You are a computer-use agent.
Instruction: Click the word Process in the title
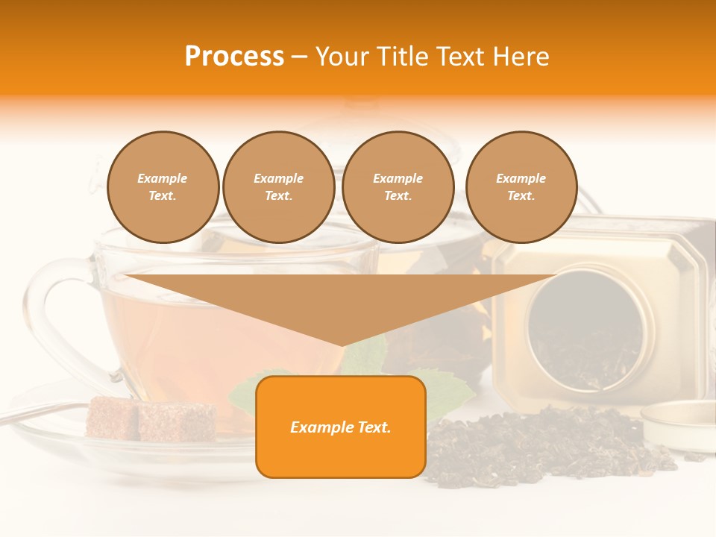tap(234, 57)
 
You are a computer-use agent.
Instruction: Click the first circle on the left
tap(163, 187)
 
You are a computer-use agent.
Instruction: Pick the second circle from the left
tap(278, 187)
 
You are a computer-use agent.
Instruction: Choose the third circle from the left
tap(398, 187)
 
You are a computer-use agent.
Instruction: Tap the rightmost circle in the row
tap(521, 187)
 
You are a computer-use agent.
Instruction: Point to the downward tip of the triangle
tap(342, 342)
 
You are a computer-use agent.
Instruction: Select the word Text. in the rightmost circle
tap(521, 196)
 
